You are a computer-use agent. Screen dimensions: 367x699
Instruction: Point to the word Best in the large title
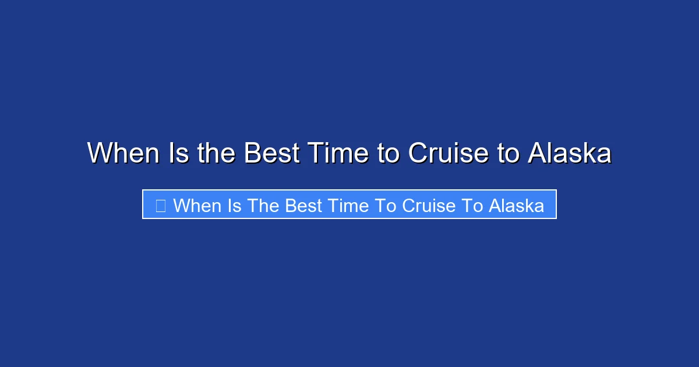(271, 154)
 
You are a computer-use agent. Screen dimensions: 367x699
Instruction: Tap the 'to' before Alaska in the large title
(508, 154)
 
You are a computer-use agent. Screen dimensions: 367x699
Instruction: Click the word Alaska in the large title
(570, 154)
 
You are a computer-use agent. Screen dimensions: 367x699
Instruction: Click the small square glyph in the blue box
(161, 206)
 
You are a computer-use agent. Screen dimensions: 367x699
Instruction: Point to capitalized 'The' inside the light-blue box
(263, 206)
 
